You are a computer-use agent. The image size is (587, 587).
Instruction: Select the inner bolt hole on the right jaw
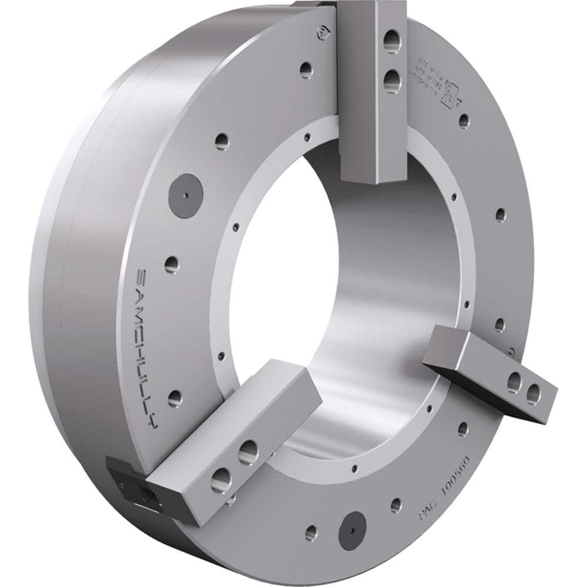coord(514,382)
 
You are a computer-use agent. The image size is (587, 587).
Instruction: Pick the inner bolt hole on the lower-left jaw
coord(248,453)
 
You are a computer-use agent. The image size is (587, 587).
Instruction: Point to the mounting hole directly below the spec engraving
coord(464,121)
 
